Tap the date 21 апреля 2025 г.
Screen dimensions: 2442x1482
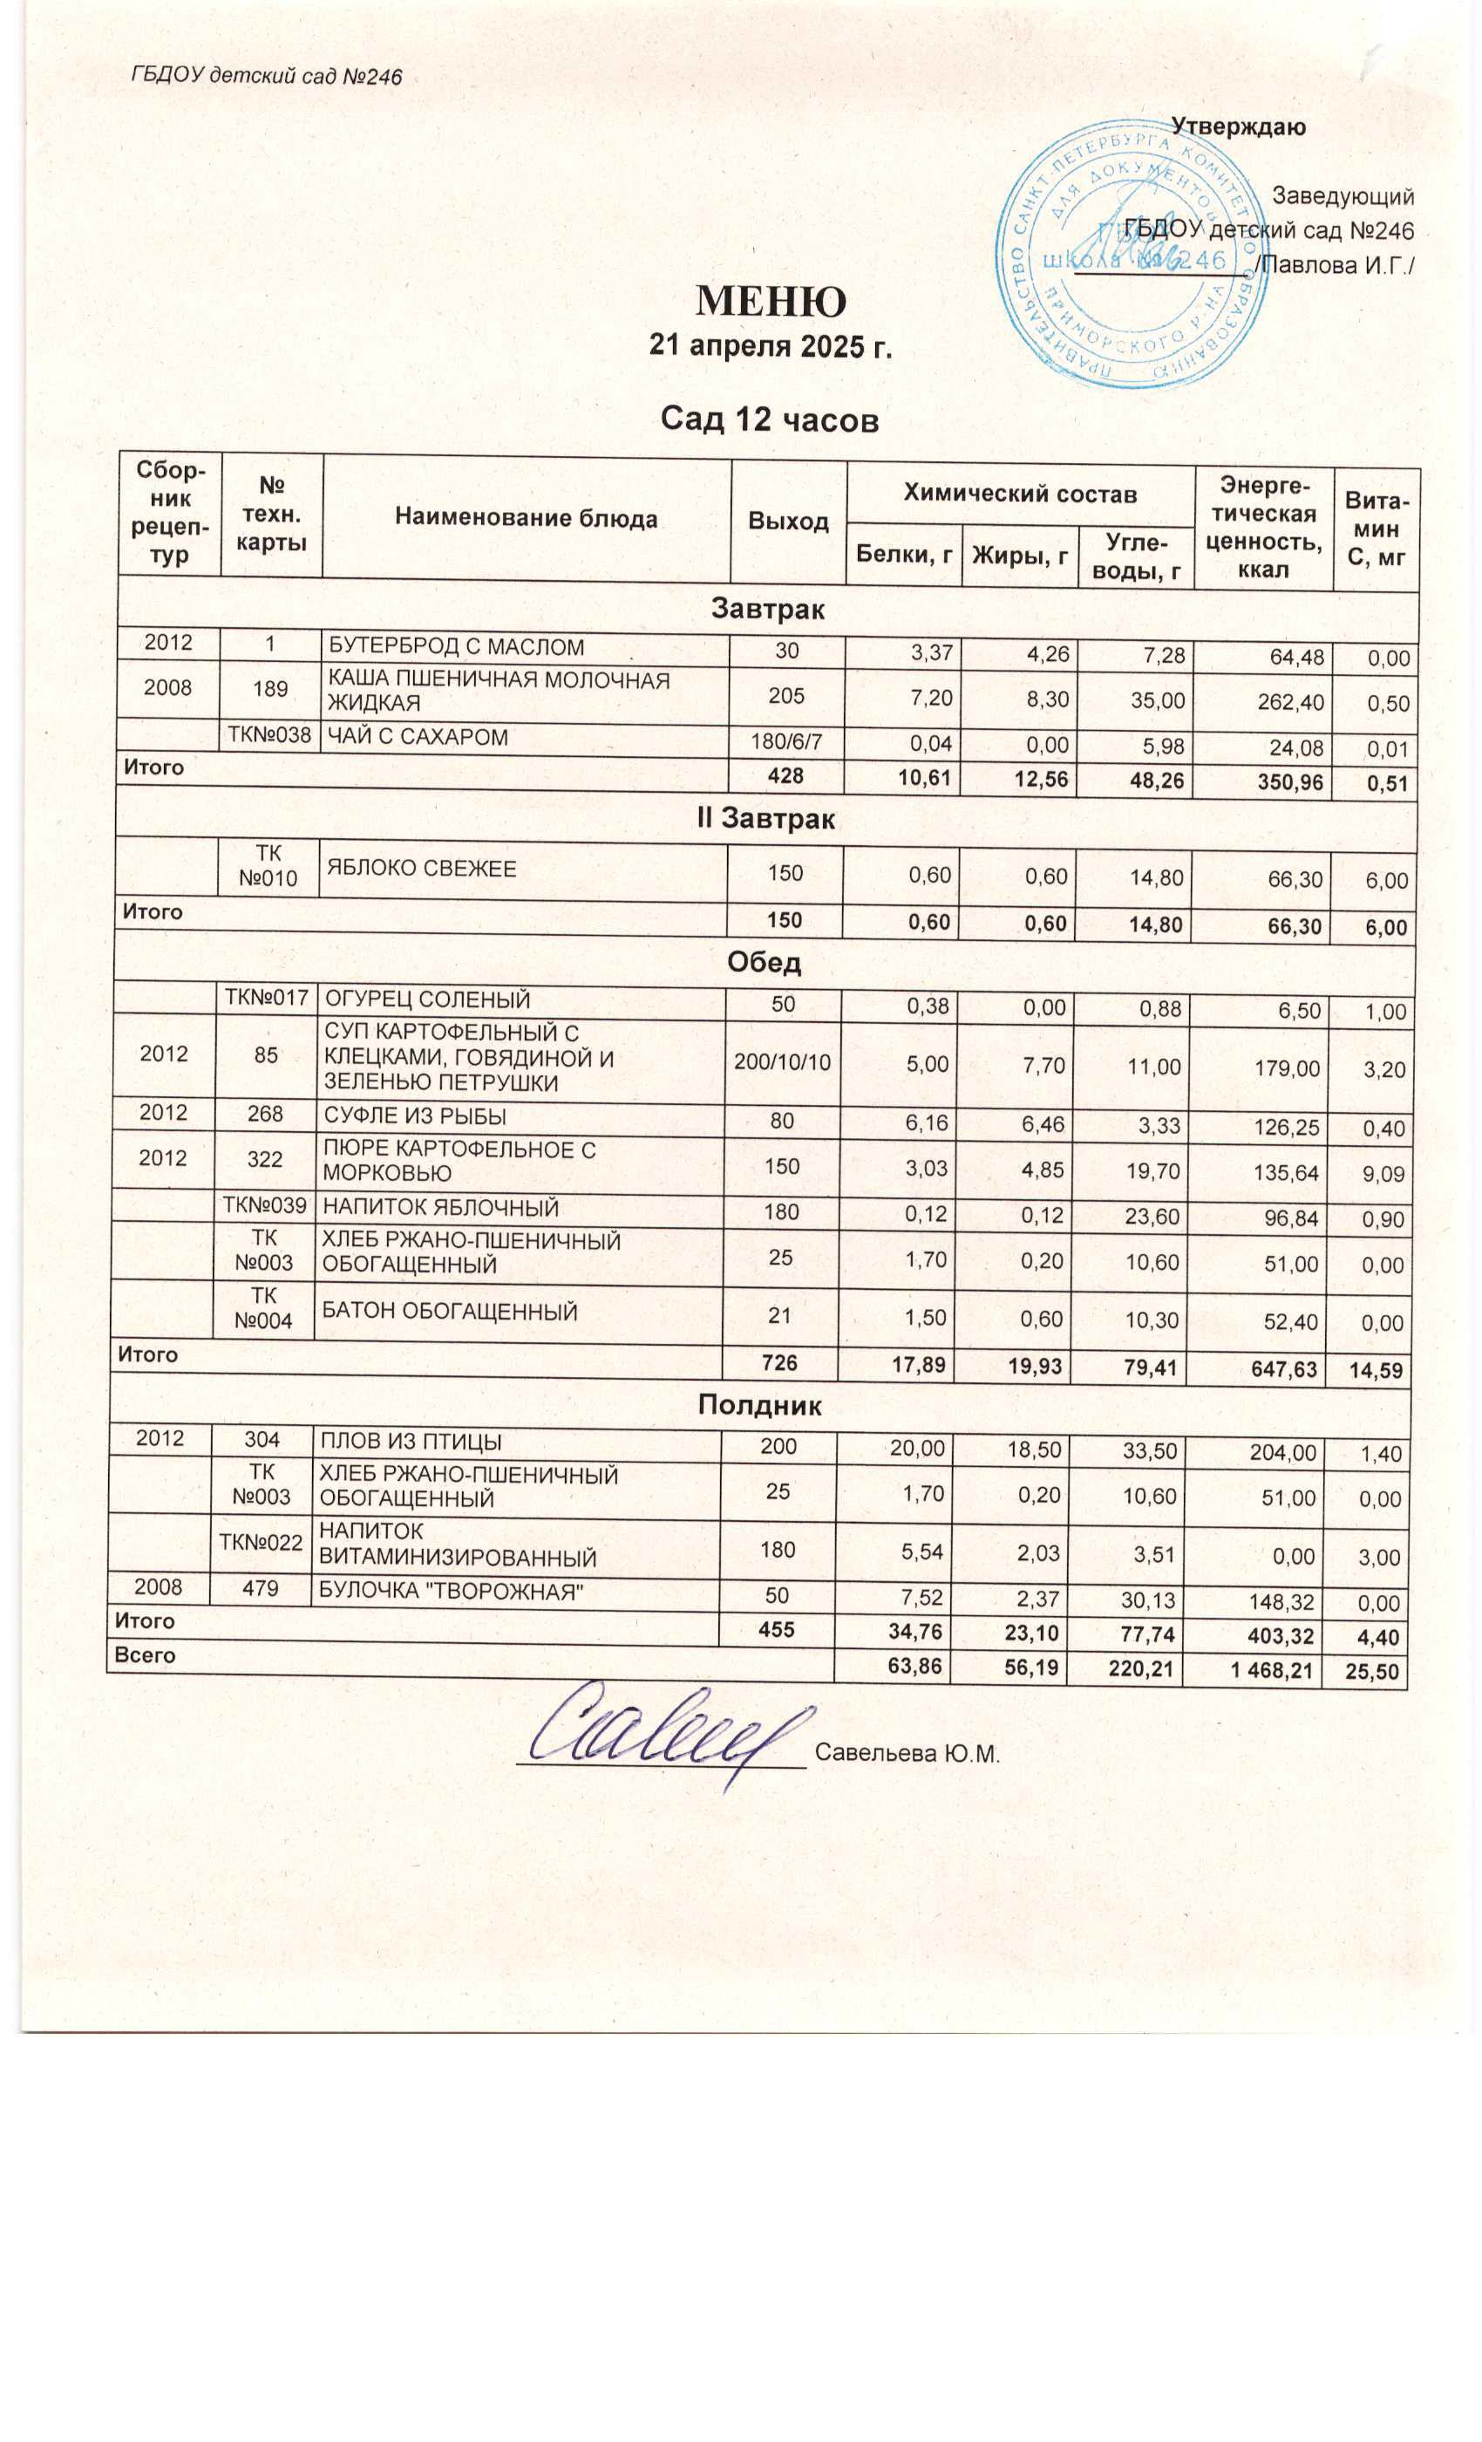[x=770, y=346]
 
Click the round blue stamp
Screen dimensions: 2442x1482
[x=1132, y=255]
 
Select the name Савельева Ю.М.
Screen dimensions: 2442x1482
[x=907, y=1753]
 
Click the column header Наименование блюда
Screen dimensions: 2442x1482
[x=526, y=518]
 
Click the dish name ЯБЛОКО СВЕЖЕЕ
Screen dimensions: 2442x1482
[x=421, y=870]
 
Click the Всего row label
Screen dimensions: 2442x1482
[x=145, y=1656]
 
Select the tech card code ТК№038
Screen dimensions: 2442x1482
[x=269, y=735]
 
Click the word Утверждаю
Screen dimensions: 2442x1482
[x=1237, y=126]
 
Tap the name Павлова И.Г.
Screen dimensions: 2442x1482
[x=1334, y=266]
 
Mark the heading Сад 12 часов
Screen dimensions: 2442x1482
[x=769, y=420]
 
